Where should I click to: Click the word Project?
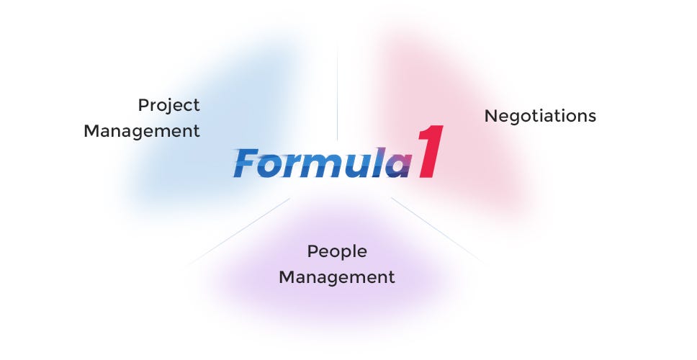pyautogui.click(x=168, y=106)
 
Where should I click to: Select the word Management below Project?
pyautogui.click(x=141, y=132)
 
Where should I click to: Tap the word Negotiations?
pyautogui.click(x=540, y=116)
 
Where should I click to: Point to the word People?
pyautogui.click(x=337, y=252)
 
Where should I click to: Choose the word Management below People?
pyautogui.click(x=337, y=277)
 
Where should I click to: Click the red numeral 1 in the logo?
pyautogui.click(x=426, y=153)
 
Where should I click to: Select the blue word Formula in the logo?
pyautogui.click(x=321, y=163)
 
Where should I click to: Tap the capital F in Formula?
pyautogui.click(x=247, y=163)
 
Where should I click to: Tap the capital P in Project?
pyautogui.click(x=143, y=105)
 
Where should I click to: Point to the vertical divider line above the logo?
pyautogui.click(x=337, y=94)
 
